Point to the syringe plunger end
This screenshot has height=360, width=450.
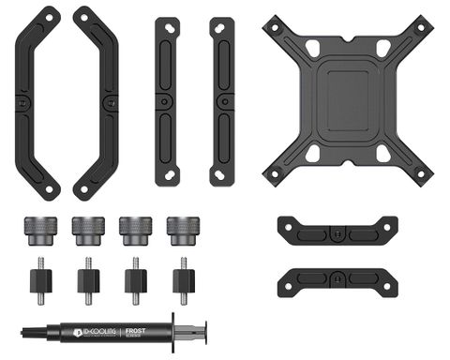[204, 331]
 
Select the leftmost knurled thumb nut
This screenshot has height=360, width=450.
[40, 229]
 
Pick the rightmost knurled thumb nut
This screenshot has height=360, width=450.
[182, 229]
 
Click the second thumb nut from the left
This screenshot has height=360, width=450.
[88, 229]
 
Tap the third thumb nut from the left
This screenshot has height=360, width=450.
[135, 229]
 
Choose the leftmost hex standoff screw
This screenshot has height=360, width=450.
[40, 278]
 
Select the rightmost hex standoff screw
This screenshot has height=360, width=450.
[182, 278]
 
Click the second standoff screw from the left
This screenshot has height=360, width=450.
[88, 278]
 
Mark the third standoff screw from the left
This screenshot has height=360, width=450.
[135, 278]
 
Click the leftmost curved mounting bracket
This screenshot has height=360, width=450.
[36, 102]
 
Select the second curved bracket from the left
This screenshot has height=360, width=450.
[97, 102]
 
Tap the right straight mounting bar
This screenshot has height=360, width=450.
[222, 100]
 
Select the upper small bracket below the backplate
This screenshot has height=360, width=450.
[337, 229]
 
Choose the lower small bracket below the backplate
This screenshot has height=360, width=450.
[337, 278]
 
